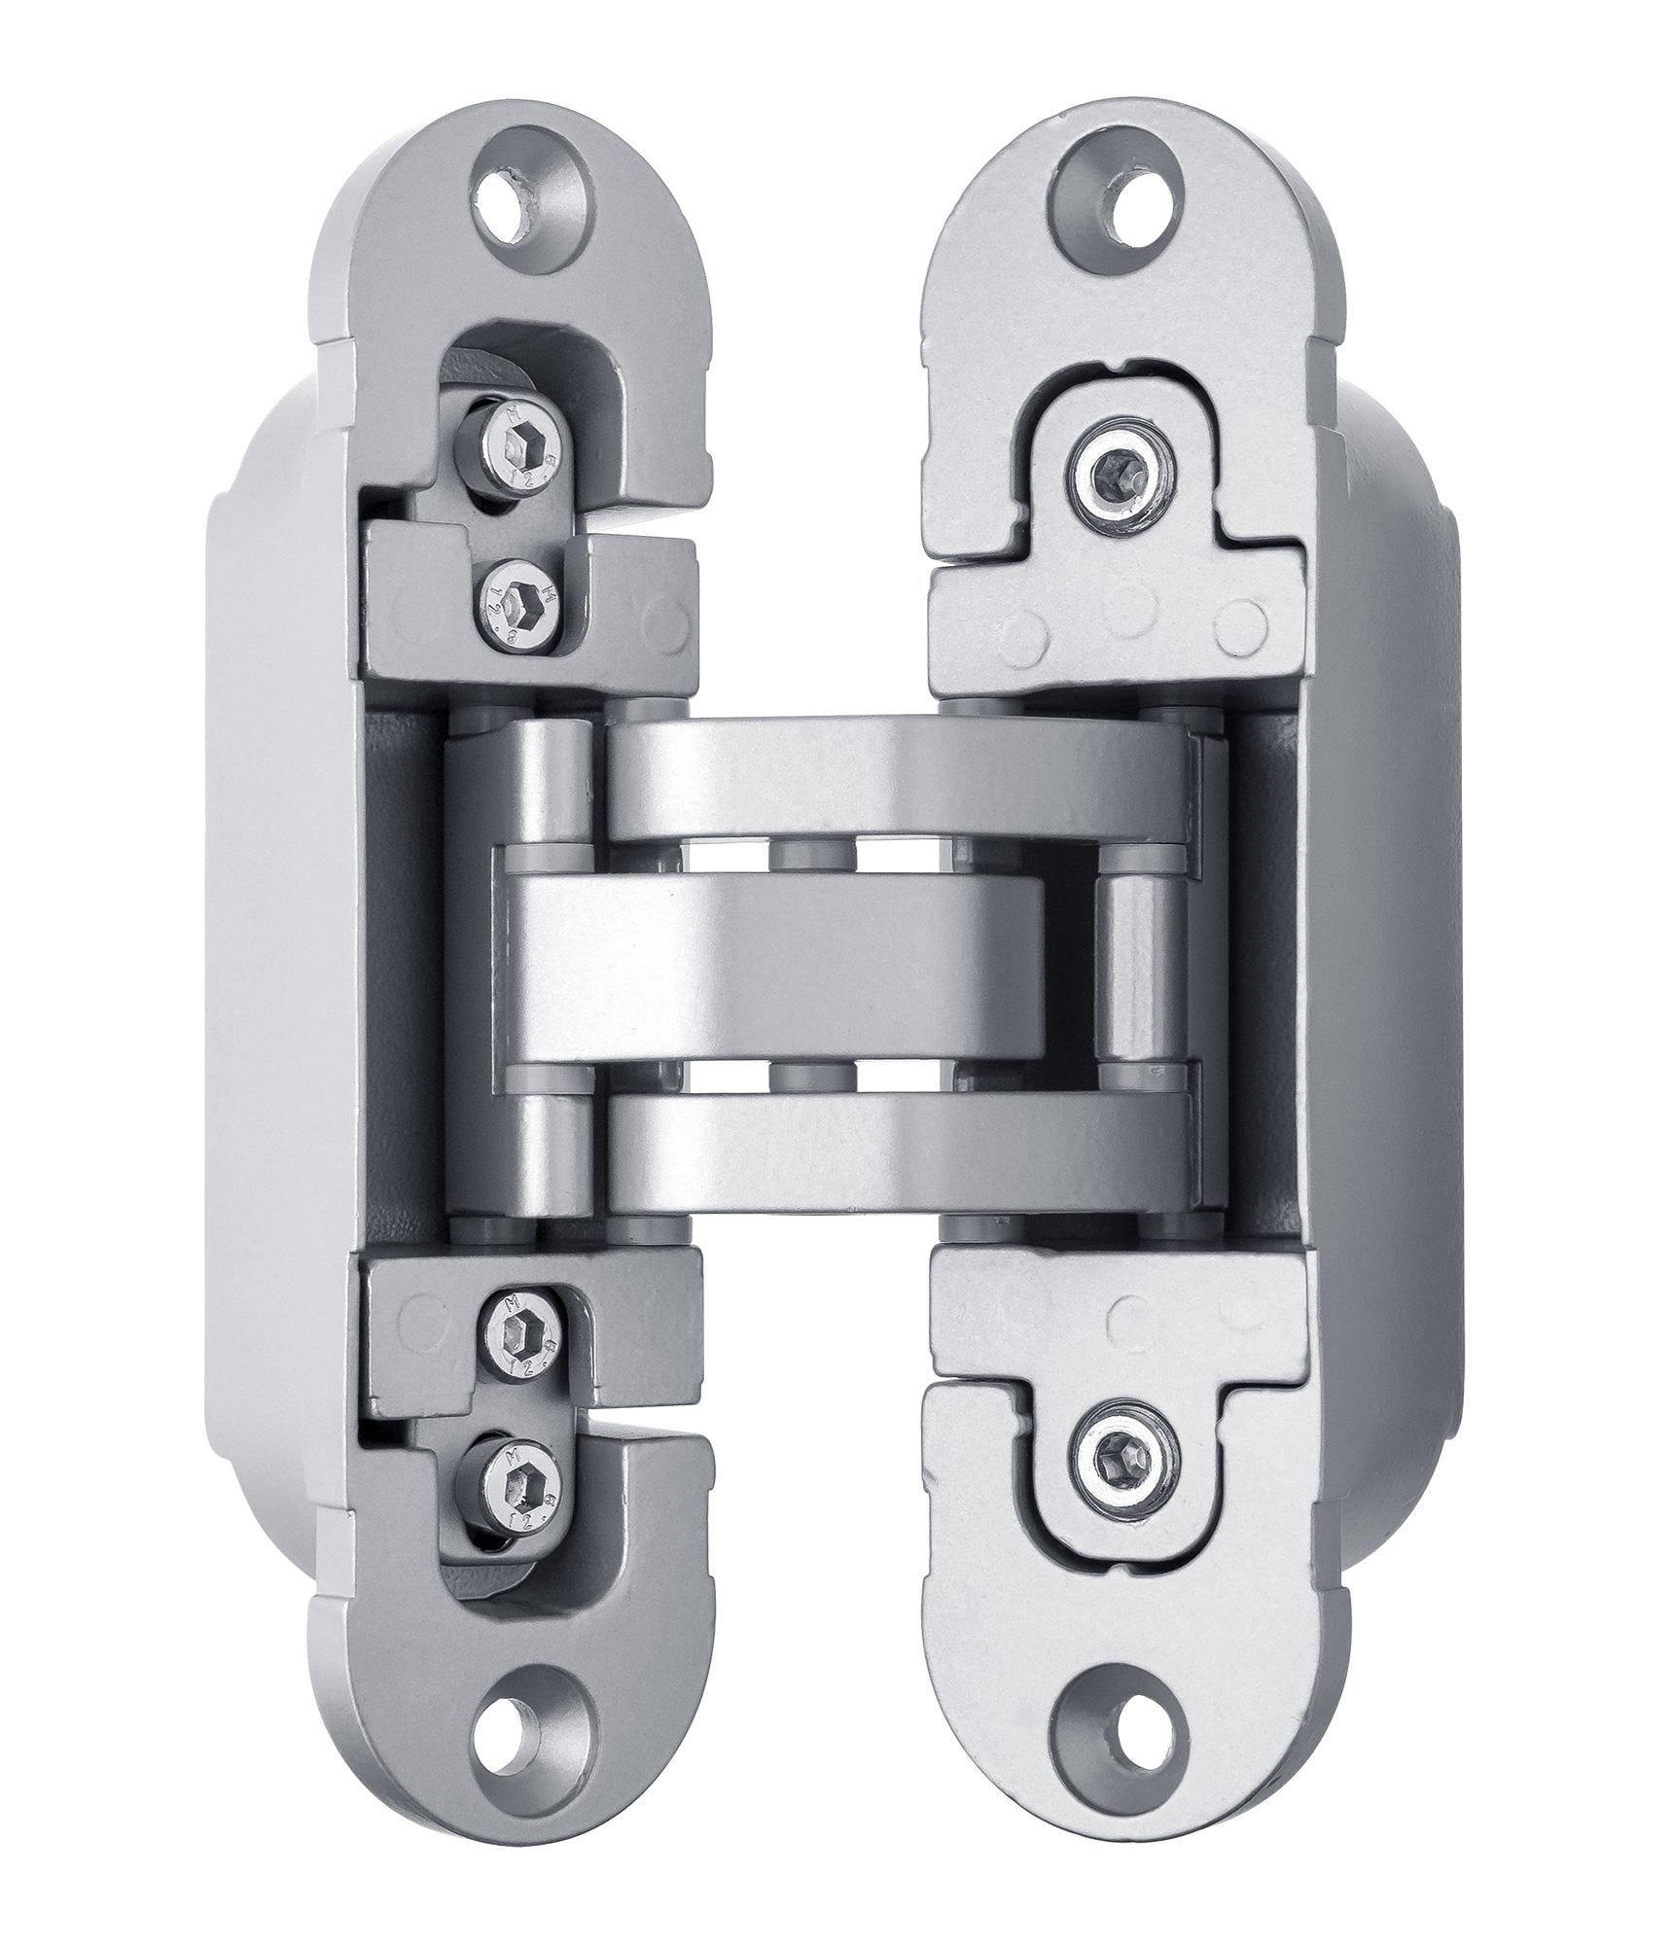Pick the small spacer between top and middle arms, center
(x=813, y=855)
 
